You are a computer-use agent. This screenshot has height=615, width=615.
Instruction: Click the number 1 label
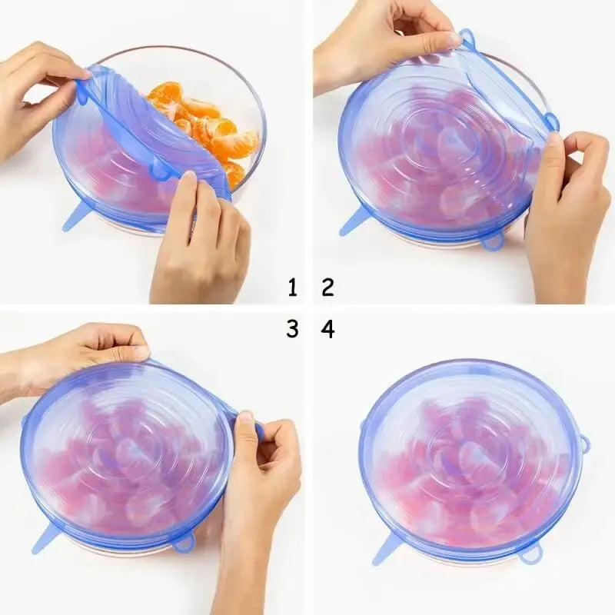pyautogui.click(x=292, y=288)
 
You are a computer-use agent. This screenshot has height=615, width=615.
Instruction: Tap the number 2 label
pyautogui.click(x=328, y=288)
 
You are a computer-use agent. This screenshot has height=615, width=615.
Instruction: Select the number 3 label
pyautogui.click(x=292, y=329)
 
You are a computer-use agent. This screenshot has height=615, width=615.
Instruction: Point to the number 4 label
pyautogui.click(x=328, y=329)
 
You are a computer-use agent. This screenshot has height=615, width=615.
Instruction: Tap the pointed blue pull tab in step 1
pyautogui.click(x=75, y=218)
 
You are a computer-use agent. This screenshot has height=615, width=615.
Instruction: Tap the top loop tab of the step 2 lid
pyautogui.click(x=467, y=36)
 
